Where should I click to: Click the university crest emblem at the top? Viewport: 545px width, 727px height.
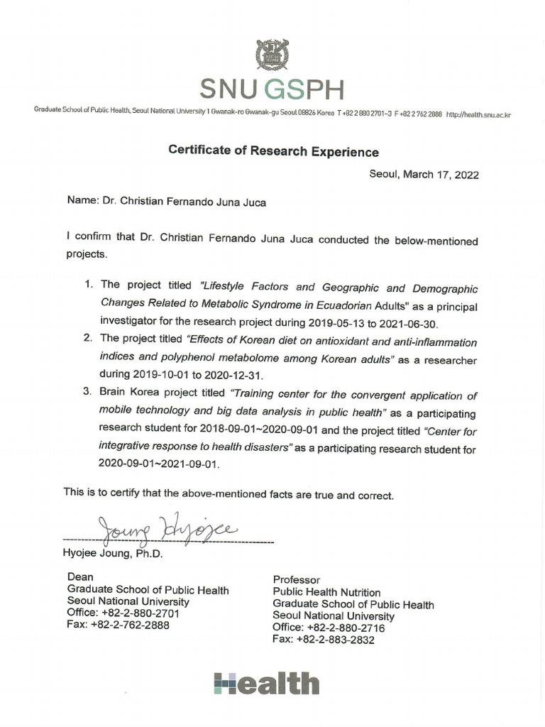point(272,55)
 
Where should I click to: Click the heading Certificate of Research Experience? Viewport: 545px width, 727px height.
point(273,151)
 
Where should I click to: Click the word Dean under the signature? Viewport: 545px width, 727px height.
point(80,577)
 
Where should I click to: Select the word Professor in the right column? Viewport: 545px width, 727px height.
point(297,580)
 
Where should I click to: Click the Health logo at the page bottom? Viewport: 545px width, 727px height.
point(266,684)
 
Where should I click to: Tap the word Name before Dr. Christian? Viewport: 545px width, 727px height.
point(82,201)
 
